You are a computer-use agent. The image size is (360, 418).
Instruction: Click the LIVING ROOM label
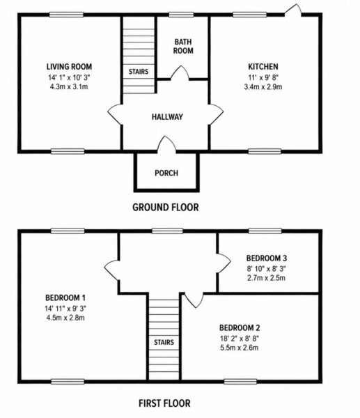[69, 66]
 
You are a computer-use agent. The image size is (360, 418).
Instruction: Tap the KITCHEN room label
[263, 66]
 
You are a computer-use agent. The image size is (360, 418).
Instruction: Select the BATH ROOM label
[183, 46]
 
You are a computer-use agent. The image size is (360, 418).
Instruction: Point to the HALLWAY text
[167, 117]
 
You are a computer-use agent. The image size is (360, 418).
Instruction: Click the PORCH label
[166, 173]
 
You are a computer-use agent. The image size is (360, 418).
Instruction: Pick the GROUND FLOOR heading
[166, 207]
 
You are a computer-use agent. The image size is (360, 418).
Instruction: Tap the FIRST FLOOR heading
[164, 403]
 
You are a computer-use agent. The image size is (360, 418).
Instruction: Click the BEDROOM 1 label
[65, 297]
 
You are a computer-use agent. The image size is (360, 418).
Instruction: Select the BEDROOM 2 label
[240, 327]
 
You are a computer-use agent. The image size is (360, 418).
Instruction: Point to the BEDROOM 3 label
[267, 258]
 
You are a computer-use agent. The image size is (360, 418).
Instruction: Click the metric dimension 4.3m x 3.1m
[69, 86]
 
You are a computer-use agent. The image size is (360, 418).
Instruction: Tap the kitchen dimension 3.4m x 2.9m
[263, 86]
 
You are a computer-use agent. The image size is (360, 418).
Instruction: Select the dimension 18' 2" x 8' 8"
[240, 339]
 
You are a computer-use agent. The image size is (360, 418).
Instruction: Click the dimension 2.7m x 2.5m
[267, 278]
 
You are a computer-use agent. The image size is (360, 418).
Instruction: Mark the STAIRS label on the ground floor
[139, 72]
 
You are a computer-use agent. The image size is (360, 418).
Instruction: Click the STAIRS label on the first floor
[164, 342]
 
